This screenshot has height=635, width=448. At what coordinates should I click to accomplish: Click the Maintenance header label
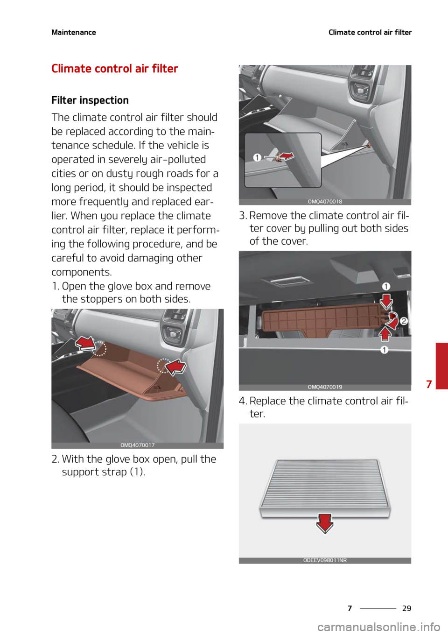pyautogui.click(x=74, y=32)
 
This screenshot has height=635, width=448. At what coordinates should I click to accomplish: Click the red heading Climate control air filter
pyautogui.click(x=115, y=69)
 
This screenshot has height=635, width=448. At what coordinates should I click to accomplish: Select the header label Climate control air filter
pyautogui.click(x=370, y=32)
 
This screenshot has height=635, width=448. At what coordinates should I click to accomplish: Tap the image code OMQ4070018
pyautogui.click(x=325, y=202)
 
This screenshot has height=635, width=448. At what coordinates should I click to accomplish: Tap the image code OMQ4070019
pyautogui.click(x=325, y=387)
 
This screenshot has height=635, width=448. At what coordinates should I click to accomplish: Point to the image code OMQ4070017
pyautogui.click(x=137, y=445)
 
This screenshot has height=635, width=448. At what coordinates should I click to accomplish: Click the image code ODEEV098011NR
pyautogui.click(x=325, y=560)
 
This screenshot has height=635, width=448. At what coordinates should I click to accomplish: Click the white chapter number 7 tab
pyautogui.click(x=429, y=384)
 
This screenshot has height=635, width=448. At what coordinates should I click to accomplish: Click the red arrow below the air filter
pyautogui.click(x=325, y=523)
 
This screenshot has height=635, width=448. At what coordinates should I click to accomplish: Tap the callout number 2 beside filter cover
pyautogui.click(x=404, y=321)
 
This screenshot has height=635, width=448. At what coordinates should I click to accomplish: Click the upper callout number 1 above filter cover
pyautogui.click(x=386, y=286)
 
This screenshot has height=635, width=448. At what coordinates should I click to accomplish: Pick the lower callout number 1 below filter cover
pyautogui.click(x=384, y=350)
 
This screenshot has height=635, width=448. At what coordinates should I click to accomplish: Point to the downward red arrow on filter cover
pyautogui.click(x=386, y=300)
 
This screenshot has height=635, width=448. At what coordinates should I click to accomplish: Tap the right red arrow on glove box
pyautogui.click(x=176, y=367)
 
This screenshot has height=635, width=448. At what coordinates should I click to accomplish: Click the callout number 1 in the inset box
pyautogui.click(x=257, y=158)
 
